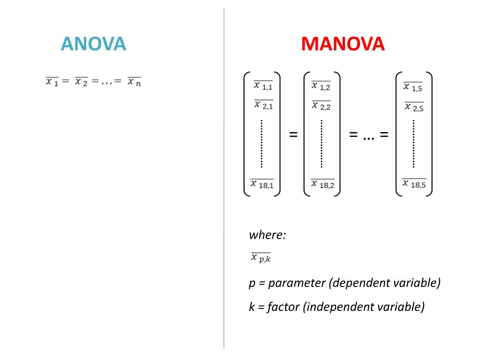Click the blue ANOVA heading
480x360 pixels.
(93, 44)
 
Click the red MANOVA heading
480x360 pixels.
(343, 44)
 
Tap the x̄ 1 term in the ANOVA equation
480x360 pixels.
(52, 82)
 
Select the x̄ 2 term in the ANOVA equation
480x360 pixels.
(81, 82)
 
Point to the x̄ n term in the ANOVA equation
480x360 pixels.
(134, 82)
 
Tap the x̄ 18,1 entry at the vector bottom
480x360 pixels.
(262, 184)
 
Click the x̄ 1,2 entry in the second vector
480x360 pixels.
(321, 86)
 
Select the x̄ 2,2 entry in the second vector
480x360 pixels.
(321, 105)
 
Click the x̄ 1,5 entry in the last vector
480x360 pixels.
(413, 87)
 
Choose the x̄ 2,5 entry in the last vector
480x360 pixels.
(414, 107)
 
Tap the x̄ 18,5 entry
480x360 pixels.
(414, 184)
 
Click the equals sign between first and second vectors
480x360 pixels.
(293, 135)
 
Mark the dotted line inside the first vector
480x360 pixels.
(261, 143)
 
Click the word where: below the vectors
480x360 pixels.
(267, 234)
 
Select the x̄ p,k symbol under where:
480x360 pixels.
(261, 257)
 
